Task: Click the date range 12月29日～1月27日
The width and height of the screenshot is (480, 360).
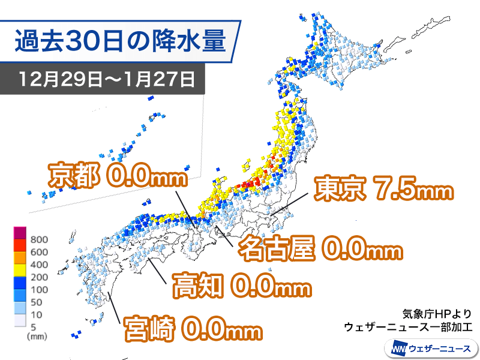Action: point(106,79)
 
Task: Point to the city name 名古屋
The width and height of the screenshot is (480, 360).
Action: point(276,250)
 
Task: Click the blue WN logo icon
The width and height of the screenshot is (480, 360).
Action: point(397,347)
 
